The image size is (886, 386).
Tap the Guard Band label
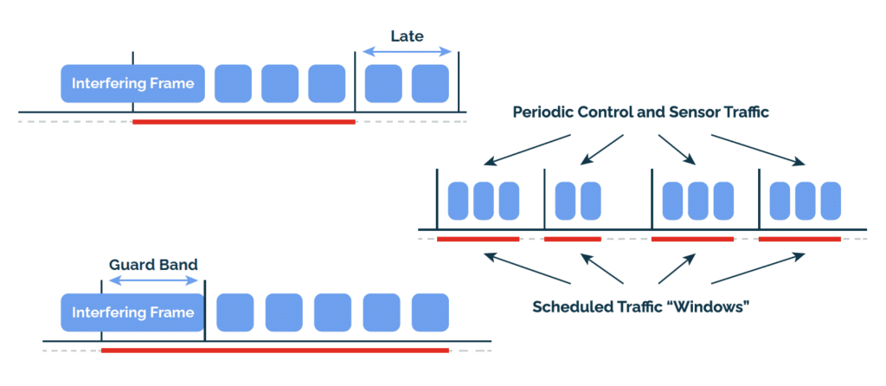(153, 264)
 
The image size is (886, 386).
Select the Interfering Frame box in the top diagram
(132, 84)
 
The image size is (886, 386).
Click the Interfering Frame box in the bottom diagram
(132, 312)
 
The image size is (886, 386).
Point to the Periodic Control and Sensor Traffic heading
(640, 113)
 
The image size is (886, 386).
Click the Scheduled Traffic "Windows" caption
(640, 306)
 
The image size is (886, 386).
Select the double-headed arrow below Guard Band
(153, 282)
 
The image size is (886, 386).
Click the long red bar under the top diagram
(244, 122)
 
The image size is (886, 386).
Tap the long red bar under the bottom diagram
(275, 351)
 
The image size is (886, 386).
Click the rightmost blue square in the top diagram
(430, 83)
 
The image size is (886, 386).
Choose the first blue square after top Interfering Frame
(233, 83)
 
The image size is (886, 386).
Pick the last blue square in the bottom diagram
(430, 312)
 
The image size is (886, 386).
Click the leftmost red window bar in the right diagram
(478, 238)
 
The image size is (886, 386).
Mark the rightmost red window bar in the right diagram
(799, 238)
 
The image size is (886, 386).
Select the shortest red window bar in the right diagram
(572, 238)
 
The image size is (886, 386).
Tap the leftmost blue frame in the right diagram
(458, 200)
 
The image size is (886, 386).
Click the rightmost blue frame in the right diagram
(831, 200)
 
